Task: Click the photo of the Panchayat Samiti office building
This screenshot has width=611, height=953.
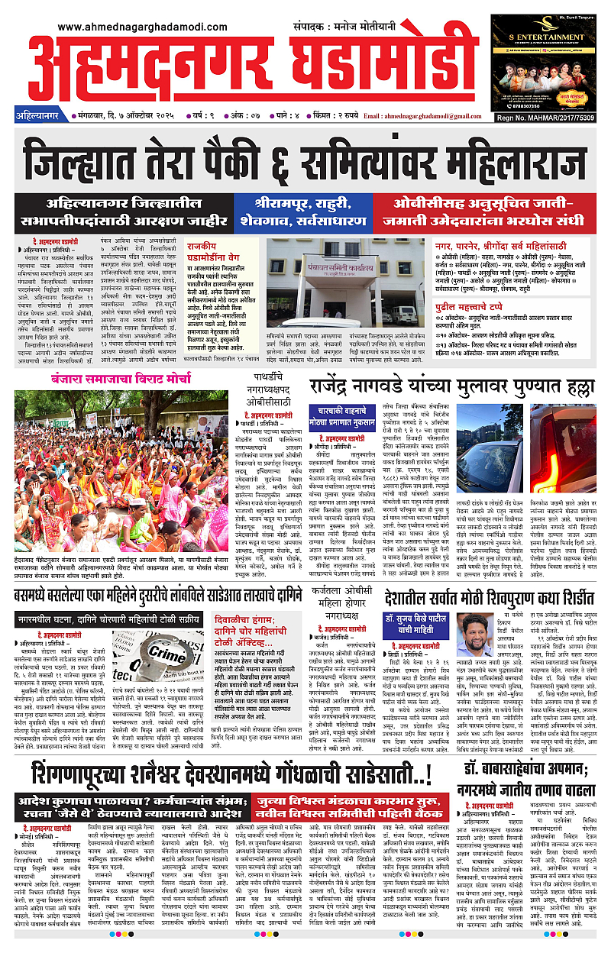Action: click(x=345, y=282)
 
